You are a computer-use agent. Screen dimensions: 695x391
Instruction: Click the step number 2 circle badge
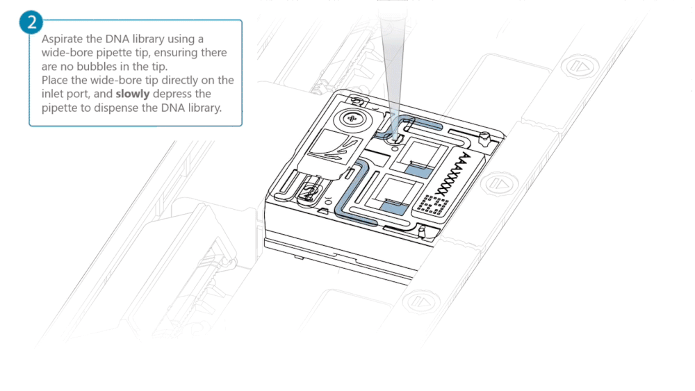click(x=31, y=22)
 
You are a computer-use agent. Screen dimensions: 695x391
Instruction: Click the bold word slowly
click(x=133, y=94)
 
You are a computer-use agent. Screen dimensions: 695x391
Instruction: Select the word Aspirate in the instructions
click(x=62, y=39)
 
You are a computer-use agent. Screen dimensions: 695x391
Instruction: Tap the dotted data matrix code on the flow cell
click(x=432, y=204)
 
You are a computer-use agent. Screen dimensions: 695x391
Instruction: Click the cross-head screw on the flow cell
click(x=352, y=118)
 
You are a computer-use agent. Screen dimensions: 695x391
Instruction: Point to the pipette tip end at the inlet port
click(x=393, y=135)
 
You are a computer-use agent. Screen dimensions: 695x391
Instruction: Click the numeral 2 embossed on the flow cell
click(x=310, y=192)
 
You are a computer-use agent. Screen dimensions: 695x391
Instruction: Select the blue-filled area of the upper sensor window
click(x=418, y=172)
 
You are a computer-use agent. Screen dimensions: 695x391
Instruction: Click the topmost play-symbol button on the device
click(x=580, y=67)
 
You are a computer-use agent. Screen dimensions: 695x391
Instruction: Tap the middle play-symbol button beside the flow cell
click(x=500, y=184)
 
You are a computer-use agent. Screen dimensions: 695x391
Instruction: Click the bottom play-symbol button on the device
click(x=420, y=302)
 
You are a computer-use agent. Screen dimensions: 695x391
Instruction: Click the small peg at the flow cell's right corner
click(x=486, y=139)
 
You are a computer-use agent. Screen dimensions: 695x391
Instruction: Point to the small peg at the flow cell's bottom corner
click(x=422, y=231)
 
